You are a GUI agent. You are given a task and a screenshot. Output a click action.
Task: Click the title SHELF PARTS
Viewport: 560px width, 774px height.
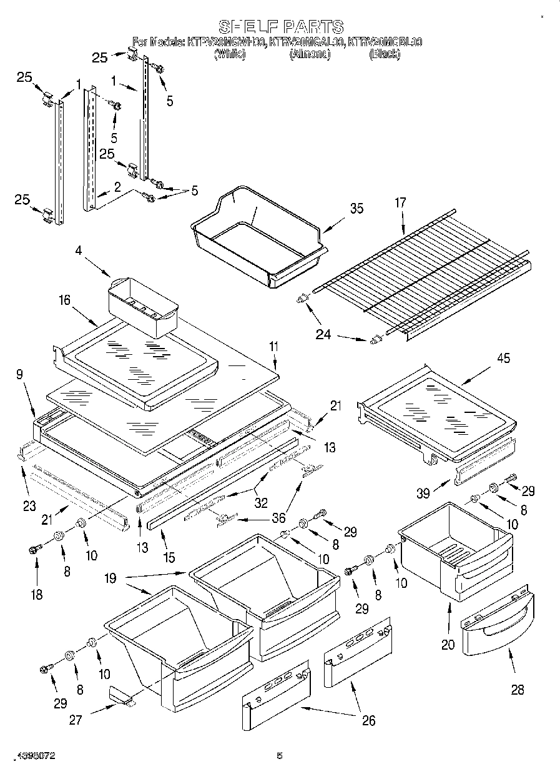pyautogui.click(x=280, y=27)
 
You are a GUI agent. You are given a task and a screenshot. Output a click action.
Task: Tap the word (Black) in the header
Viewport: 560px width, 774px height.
pyautogui.click(x=384, y=55)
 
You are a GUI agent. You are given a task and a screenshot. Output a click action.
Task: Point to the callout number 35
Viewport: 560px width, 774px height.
pyautogui.click(x=356, y=209)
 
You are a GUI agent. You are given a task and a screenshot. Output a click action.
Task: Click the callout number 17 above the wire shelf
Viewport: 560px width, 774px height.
pyautogui.click(x=400, y=202)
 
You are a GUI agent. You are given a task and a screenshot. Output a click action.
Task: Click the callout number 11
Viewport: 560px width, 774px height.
pyautogui.click(x=273, y=345)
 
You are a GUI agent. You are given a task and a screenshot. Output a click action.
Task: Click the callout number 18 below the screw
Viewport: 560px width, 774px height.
pyautogui.click(x=37, y=594)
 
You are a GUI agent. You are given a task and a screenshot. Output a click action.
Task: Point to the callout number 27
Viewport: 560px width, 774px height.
pyautogui.click(x=76, y=720)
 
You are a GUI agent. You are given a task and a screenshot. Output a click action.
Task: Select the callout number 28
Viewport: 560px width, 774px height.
pyautogui.click(x=517, y=690)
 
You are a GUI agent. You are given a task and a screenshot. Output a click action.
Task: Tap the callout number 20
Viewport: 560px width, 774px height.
pyautogui.click(x=448, y=645)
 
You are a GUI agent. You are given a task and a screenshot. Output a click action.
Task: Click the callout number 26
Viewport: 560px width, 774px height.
pyautogui.click(x=368, y=720)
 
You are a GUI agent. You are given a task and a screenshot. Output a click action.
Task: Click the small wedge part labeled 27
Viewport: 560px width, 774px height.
pyautogui.click(x=121, y=695)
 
